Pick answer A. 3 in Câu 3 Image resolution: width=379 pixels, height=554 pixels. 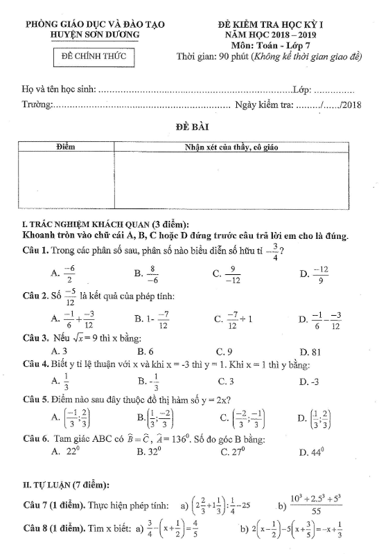(59, 351)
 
